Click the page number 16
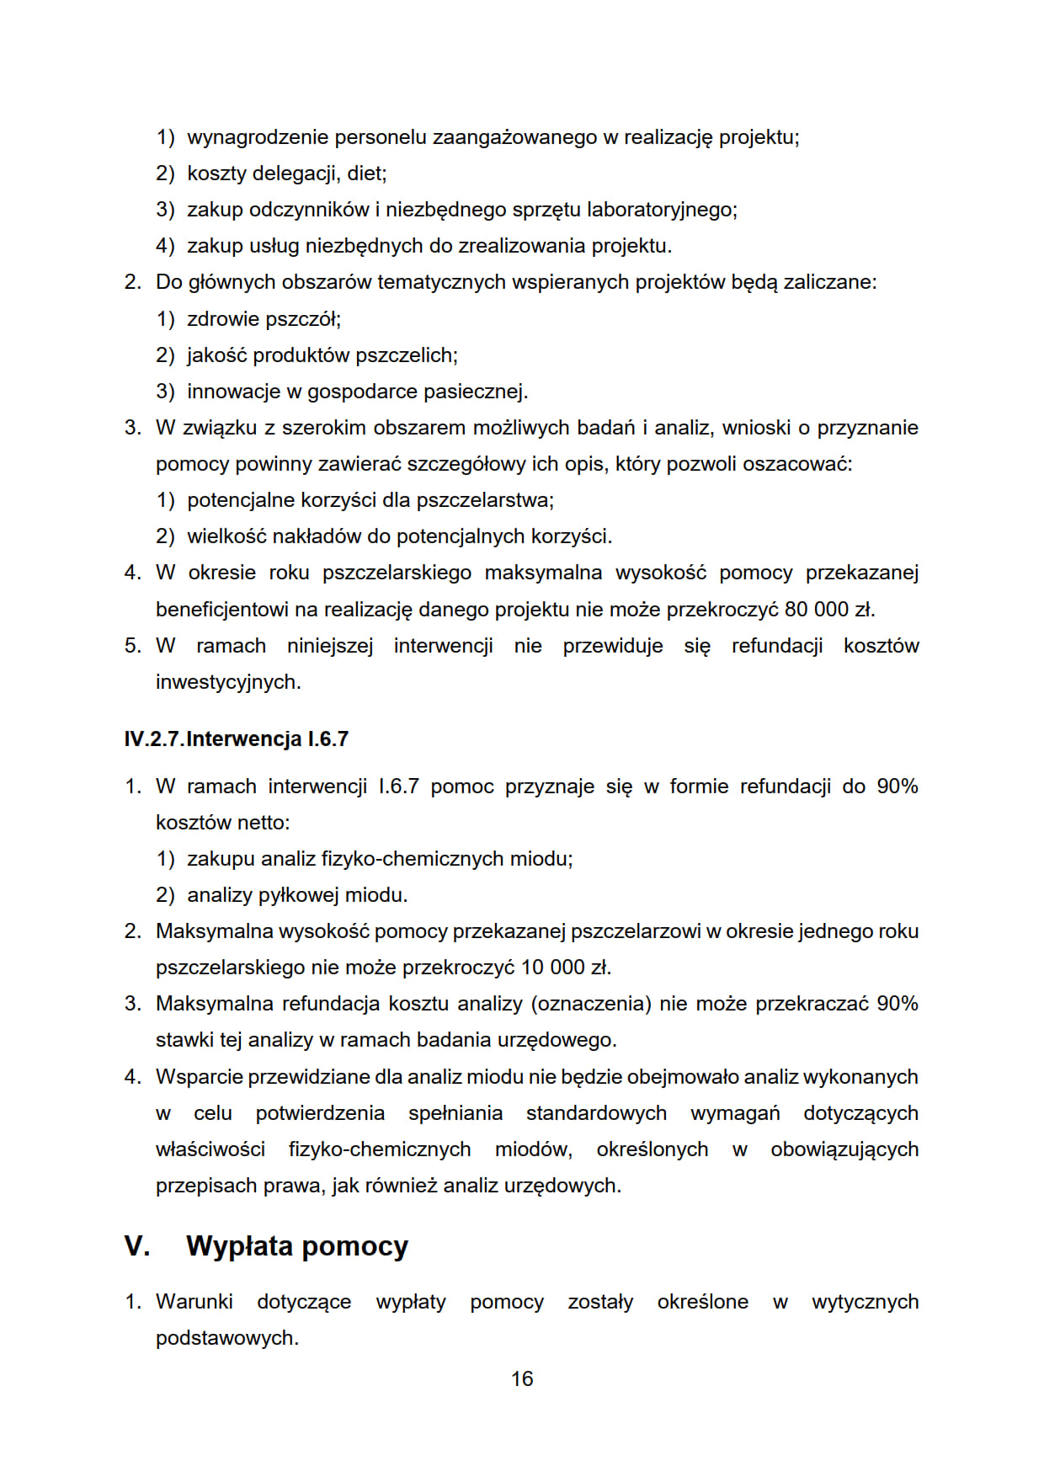pyautogui.click(x=522, y=1378)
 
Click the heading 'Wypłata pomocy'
pyautogui.click(x=297, y=1245)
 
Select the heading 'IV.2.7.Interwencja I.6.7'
pyautogui.click(x=236, y=738)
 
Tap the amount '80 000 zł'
pyautogui.click(x=829, y=609)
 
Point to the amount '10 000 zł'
pyautogui.click(x=565, y=967)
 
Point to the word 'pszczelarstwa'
pyautogui.click(x=484, y=500)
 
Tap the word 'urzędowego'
pyautogui.click(x=557, y=1040)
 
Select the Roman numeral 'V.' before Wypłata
pyautogui.click(x=136, y=1245)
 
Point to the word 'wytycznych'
pyautogui.click(x=865, y=1301)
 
